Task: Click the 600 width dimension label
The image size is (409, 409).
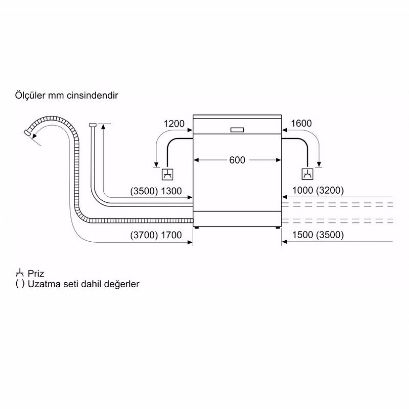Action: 237,160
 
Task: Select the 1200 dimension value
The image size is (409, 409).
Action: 174,123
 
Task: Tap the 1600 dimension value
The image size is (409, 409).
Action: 301,123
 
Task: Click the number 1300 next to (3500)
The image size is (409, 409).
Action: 171,191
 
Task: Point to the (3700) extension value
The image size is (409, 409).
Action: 144,235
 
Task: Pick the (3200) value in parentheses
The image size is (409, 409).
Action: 330,191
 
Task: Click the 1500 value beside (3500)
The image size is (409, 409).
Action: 303,235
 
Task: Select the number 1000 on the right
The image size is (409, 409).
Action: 303,191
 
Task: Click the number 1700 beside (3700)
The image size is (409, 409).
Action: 171,235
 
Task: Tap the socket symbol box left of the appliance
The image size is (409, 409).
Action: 167,175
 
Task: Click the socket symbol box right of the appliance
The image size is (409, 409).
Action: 307,174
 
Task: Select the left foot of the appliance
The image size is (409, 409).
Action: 196,228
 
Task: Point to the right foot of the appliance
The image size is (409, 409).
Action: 278,228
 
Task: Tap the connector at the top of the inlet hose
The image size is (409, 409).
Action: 93,125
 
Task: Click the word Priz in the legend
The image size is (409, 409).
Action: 36,274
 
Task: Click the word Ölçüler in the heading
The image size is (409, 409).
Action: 30,95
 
